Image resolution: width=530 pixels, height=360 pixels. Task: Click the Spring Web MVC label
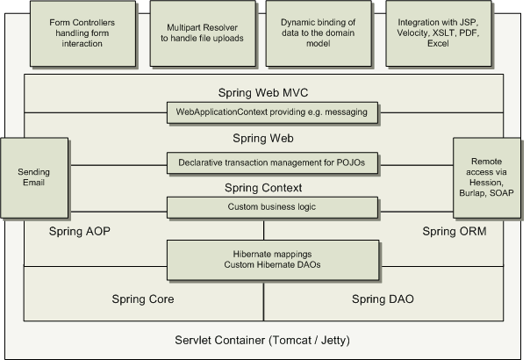point(263,92)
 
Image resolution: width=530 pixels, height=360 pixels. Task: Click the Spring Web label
point(263,139)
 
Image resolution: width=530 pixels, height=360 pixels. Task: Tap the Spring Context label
point(263,188)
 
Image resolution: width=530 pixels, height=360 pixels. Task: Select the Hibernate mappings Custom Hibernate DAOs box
point(263,259)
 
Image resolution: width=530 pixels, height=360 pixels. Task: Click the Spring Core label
point(142,299)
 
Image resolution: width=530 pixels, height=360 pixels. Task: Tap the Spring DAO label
point(383,299)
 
